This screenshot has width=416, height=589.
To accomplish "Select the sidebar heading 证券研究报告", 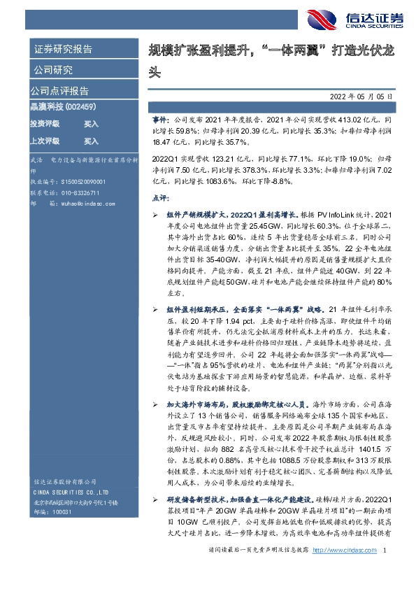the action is [64, 49].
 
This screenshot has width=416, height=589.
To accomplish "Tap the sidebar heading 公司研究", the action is [53, 69].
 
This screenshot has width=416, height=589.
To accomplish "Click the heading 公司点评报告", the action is [59, 91].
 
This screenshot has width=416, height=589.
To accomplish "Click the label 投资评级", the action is [44, 123].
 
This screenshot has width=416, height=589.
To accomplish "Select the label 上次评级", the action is [44, 141].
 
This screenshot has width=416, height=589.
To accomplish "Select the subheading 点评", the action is [159, 198].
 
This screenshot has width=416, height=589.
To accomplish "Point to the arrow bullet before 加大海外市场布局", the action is [155, 385].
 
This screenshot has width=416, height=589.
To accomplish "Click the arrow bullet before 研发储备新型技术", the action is [155, 498].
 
